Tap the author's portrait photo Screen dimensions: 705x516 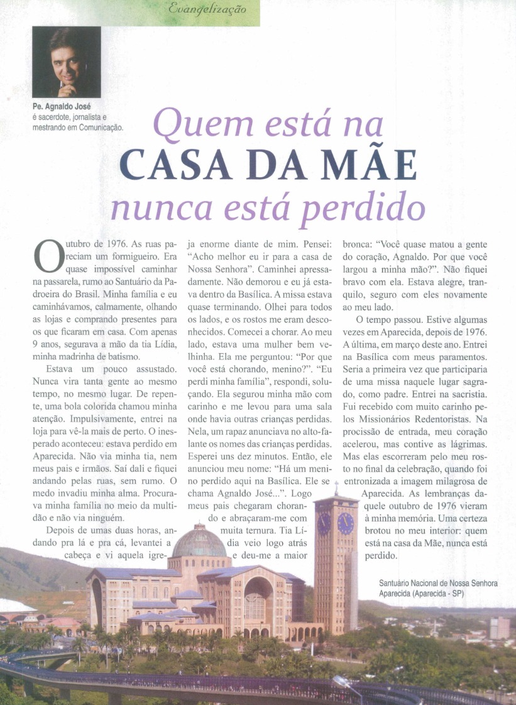[67, 62]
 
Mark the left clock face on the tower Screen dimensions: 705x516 [324, 523]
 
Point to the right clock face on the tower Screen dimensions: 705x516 [345, 523]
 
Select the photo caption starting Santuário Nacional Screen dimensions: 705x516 [438, 589]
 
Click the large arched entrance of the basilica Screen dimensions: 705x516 [258, 597]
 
